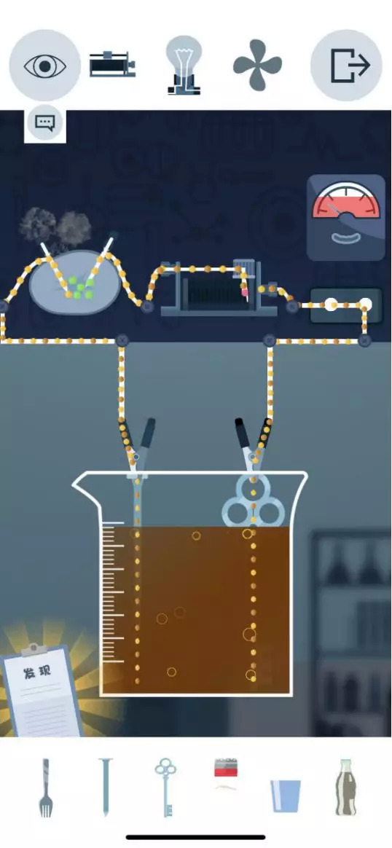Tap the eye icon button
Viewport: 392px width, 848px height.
click(x=45, y=66)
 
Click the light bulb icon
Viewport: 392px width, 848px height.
click(x=184, y=66)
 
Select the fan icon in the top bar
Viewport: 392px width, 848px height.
click(x=257, y=66)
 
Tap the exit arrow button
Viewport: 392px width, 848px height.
click(x=347, y=66)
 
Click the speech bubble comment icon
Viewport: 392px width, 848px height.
click(x=45, y=124)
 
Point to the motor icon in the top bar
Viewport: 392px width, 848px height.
click(x=112, y=64)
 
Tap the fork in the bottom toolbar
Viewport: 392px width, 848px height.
click(x=46, y=787)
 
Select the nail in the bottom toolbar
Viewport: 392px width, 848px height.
click(x=105, y=787)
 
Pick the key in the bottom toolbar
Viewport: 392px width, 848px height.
click(x=165, y=787)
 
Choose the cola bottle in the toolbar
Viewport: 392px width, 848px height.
click(x=346, y=787)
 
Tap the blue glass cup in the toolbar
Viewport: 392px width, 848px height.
click(x=286, y=796)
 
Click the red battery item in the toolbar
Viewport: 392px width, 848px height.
click(x=226, y=768)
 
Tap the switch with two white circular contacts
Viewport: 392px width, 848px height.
click(x=347, y=305)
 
